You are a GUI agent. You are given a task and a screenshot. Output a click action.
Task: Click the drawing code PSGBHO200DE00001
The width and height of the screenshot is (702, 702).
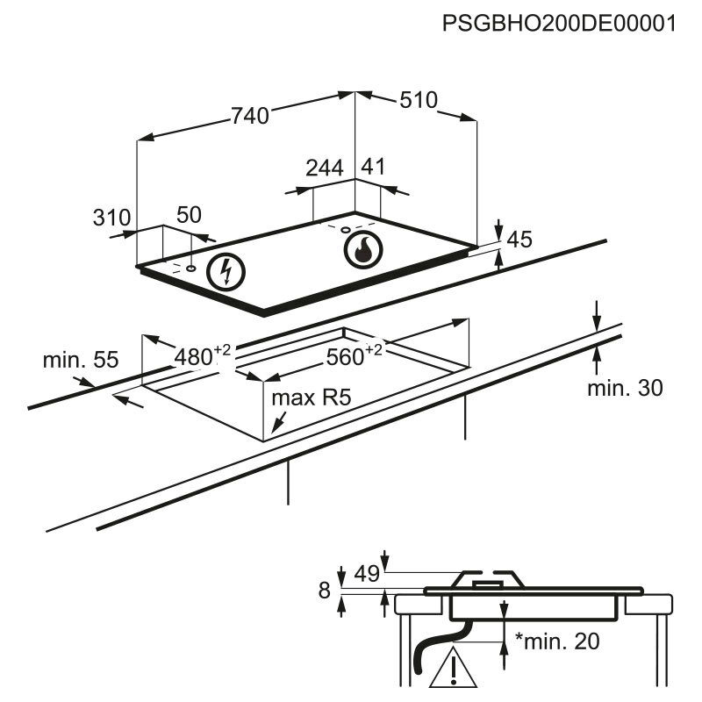pos(560,24)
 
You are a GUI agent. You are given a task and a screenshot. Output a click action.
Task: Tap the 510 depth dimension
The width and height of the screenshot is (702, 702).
pos(418,101)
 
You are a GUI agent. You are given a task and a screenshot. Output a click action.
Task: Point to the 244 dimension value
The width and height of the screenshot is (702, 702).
pos(325,168)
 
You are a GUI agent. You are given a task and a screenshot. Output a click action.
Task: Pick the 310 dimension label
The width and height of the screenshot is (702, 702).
pos(111,217)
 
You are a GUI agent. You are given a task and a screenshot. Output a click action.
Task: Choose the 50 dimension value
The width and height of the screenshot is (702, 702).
pos(189,215)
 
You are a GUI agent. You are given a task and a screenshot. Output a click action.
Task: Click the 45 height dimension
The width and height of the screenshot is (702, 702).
pos(520,240)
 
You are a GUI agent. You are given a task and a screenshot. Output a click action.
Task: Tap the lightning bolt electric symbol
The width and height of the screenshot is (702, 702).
pos(227,272)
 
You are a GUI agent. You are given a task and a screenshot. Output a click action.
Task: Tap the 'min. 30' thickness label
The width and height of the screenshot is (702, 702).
pos(625,387)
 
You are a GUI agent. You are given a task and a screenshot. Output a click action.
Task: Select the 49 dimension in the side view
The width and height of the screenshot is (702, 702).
pos(366,575)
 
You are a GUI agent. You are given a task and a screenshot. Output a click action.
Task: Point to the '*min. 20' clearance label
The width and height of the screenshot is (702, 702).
pos(558,641)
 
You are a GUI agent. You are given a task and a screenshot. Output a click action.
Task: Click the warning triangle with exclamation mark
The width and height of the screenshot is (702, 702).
pos(454,668)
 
